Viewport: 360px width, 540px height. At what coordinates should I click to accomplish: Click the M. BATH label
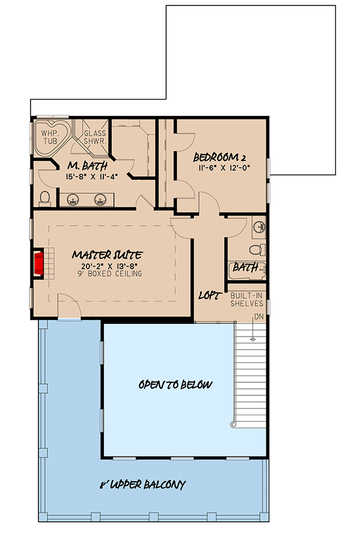(80, 166)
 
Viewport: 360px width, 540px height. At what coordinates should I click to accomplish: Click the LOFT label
(210, 296)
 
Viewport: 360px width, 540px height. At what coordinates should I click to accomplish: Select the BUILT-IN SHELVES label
(247, 300)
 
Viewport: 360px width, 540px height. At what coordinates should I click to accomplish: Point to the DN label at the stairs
(258, 316)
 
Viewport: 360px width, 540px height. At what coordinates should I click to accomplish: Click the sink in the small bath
(259, 227)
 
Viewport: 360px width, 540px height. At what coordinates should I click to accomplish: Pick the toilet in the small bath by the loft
(256, 250)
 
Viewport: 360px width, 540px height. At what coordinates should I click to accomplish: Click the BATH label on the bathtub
(245, 268)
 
